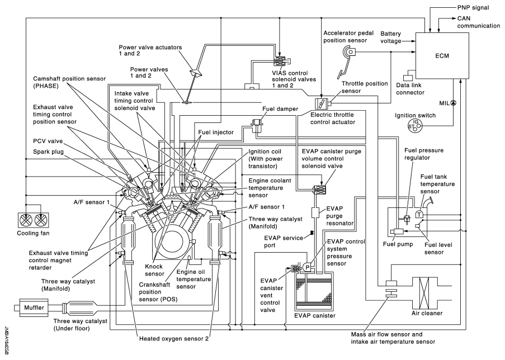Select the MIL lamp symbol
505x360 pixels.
click(x=454, y=103)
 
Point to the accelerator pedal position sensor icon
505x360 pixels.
click(x=350, y=53)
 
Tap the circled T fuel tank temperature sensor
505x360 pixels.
click(x=419, y=214)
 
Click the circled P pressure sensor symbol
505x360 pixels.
click(x=307, y=267)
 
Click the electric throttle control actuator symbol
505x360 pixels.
click(x=321, y=104)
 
